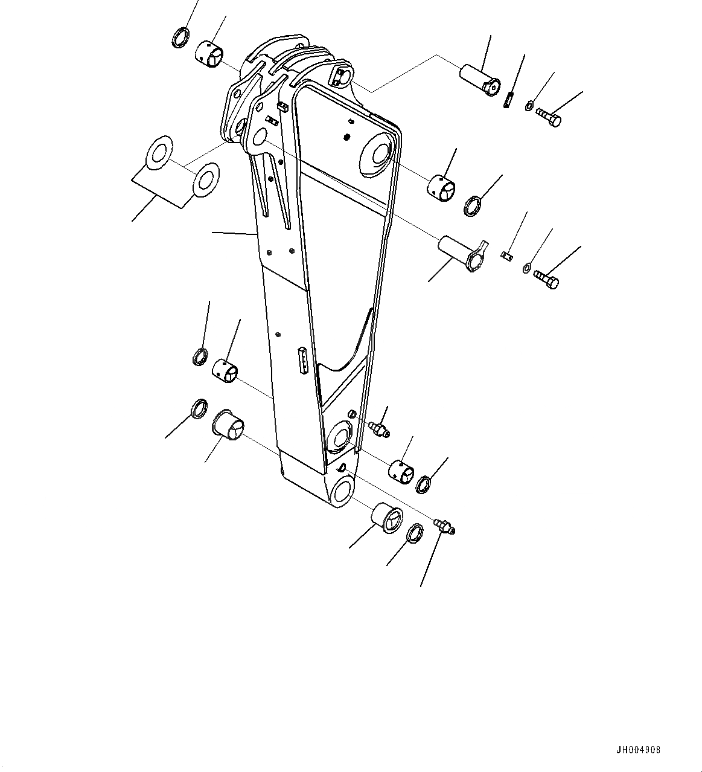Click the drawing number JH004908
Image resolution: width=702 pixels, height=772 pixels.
coord(639,750)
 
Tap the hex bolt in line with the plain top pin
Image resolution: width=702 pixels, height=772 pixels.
coord(549,116)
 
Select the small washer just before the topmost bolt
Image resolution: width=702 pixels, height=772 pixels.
coord(529,105)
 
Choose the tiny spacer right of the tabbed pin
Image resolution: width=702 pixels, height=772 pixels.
coord(507,255)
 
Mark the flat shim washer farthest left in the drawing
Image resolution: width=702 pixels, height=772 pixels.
coord(159,152)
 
